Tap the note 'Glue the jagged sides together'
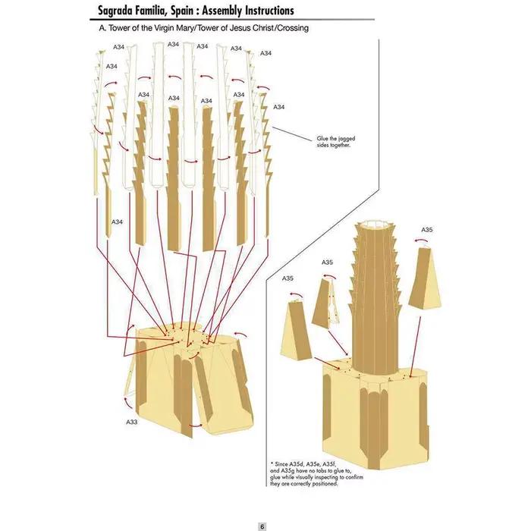click(335, 142)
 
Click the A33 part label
click(132, 422)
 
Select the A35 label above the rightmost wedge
click(426, 230)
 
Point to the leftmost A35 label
click(287, 278)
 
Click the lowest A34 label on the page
click(117, 222)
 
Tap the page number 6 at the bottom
click(262, 526)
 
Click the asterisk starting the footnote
click(272, 463)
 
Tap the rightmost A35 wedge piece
click(425, 279)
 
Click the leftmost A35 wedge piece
click(297, 331)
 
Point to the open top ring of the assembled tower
click(376, 225)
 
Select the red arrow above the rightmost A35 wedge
click(421, 240)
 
